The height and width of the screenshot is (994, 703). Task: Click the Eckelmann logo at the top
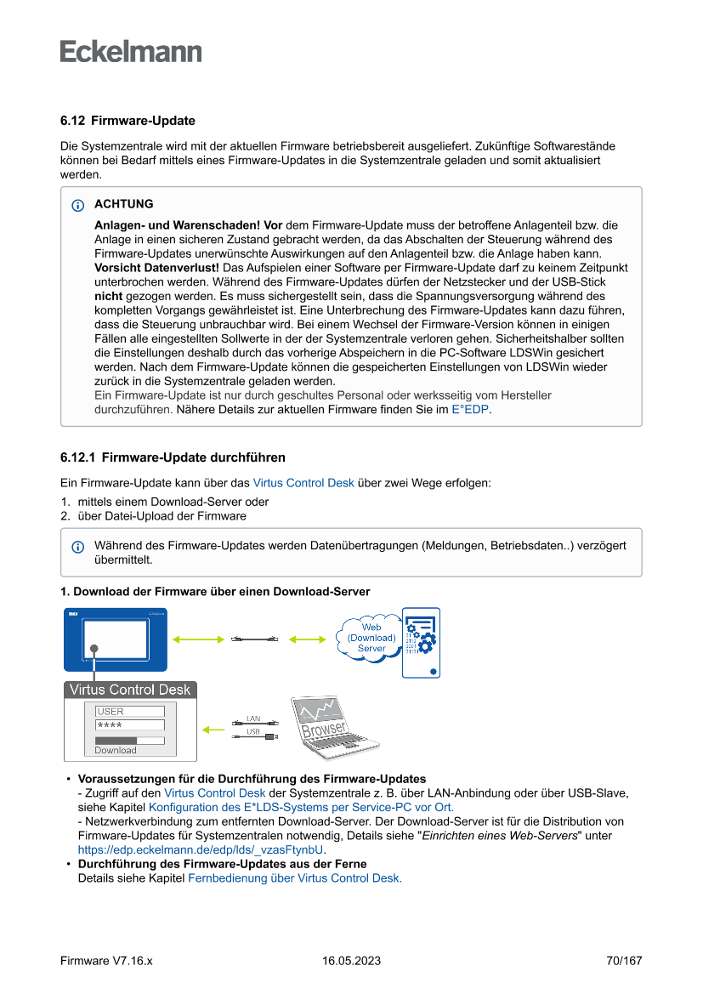click(x=131, y=52)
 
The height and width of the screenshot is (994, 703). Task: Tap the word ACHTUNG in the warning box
click(x=124, y=204)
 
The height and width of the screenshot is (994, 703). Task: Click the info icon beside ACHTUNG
click(x=78, y=205)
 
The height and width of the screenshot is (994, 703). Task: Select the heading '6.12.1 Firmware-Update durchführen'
click(x=173, y=457)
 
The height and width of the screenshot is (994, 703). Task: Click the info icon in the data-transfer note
click(x=78, y=546)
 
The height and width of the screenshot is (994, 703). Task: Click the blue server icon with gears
click(x=421, y=642)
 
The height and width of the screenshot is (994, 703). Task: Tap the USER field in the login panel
click(x=130, y=711)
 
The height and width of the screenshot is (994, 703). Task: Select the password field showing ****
click(x=130, y=725)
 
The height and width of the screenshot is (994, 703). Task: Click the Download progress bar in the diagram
click(x=129, y=741)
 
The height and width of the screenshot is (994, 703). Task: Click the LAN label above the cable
click(x=253, y=719)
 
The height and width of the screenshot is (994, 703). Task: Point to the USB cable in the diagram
click(x=255, y=737)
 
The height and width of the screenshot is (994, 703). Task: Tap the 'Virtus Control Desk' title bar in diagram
click(x=130, y=689)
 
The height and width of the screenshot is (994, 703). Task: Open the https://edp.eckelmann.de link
click(x=201, y=849)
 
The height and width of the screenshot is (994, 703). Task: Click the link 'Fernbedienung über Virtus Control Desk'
click(x=294, y=878)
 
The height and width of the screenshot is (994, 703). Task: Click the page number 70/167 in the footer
click(x=624, y=961)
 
